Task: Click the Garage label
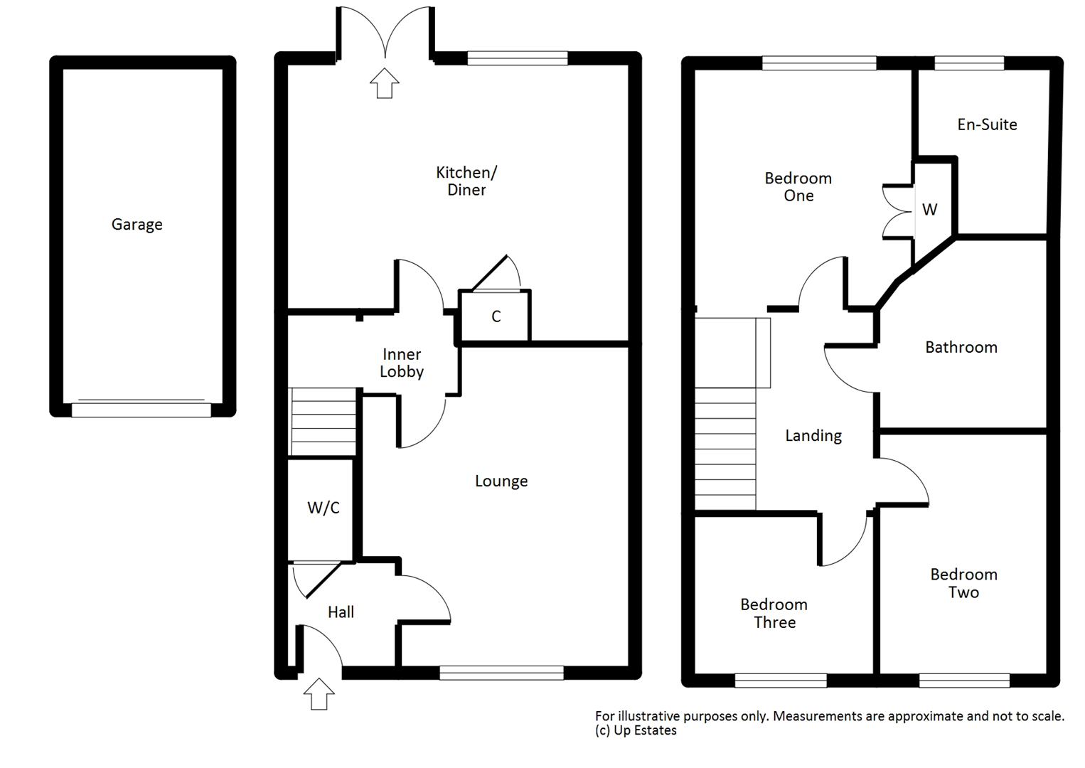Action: pos(137,225)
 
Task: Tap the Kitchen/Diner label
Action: pos(466,181)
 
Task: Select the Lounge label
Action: pos(501,481)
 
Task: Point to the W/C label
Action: pos(323,507)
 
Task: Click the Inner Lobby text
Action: pos(402,363)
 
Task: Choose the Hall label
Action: pos(341,612)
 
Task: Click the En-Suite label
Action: pos(987,124)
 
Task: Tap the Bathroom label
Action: pos(961,347)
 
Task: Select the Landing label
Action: pos(813,436)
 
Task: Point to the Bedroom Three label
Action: pos(774,613)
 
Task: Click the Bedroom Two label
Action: pos(964,583)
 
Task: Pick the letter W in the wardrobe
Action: pos(929,209)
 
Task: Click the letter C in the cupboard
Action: pos(496,316)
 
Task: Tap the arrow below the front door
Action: pos(319,694)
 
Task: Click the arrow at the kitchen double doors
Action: pos(385,83)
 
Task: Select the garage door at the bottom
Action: pos(141,410)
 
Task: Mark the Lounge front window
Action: pos(502,673)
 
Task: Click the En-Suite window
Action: pos(969,63)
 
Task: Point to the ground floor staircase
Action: pos(322,422)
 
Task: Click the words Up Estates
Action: pos(645,730)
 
